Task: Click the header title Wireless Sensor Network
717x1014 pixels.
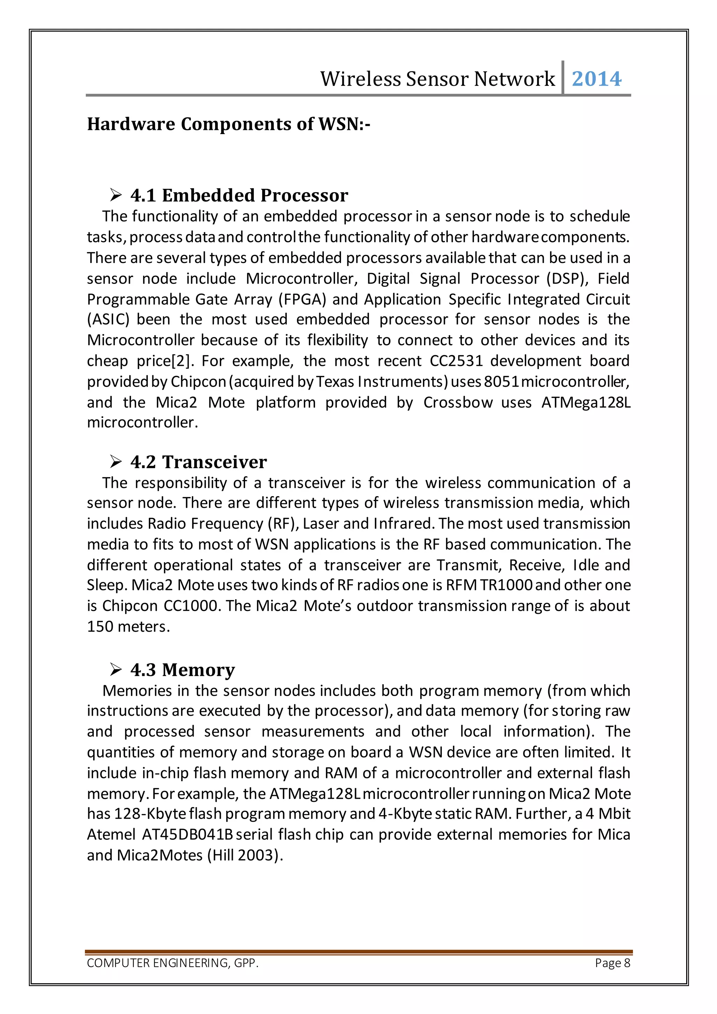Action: (437, 79)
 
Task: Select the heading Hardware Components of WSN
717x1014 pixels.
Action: (228, 124)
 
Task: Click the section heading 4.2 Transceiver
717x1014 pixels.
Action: (198, 462)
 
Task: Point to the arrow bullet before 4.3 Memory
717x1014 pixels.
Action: (116, 670)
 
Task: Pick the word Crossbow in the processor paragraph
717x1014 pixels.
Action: (457, 402)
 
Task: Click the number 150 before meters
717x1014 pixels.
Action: (100, 627)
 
